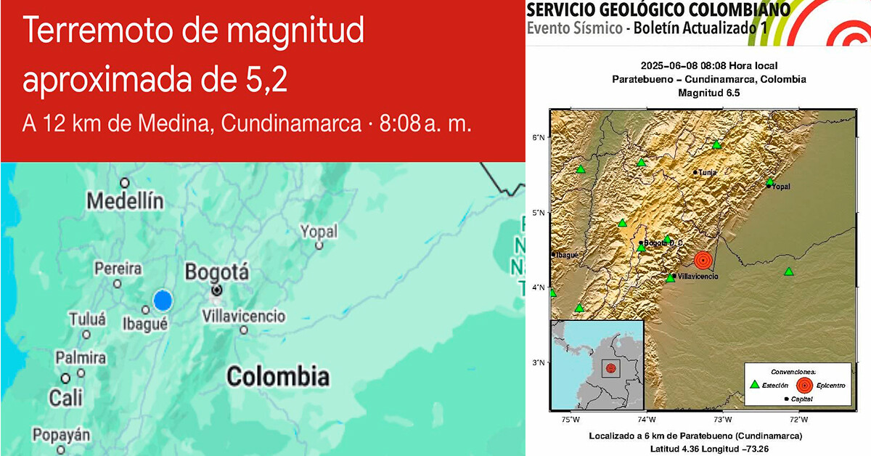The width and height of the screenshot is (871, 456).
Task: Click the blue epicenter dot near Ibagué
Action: pyautogui.click(x=163, y=299)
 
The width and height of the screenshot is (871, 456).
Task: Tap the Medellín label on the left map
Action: pyautogui.click(x=125, y=201)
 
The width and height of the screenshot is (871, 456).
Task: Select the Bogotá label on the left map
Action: pyautogui.click(x=217, y=273)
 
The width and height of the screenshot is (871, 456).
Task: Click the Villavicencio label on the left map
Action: pyautogui.click(x=243, y=317)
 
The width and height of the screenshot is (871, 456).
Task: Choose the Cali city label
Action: pyautogui.click(x=65, y=397)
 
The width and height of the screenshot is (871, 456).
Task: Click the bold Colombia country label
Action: pyautogui.click(x=277, y=377)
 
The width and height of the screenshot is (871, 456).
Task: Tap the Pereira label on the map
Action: pyautogui.click(x=118, y=269)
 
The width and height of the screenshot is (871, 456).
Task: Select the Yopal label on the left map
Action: pyautogui.click(x=319, y=232)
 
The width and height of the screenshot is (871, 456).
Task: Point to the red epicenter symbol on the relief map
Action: pyautogui.click(x=703, y=259)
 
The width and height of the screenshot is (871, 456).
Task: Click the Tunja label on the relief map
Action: pyautogui.click(x=706, y=172)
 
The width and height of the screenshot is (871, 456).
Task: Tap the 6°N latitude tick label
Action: pyautogui.click(x=538, y=137)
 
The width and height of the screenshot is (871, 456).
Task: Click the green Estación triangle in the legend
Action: pyautogui.click(x=755, y=384)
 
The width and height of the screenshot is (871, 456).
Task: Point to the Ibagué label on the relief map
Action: pyautogui.click(x=565, y=254)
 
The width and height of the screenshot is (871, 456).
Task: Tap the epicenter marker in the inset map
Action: pyautogui.click(x=610, y=368)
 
